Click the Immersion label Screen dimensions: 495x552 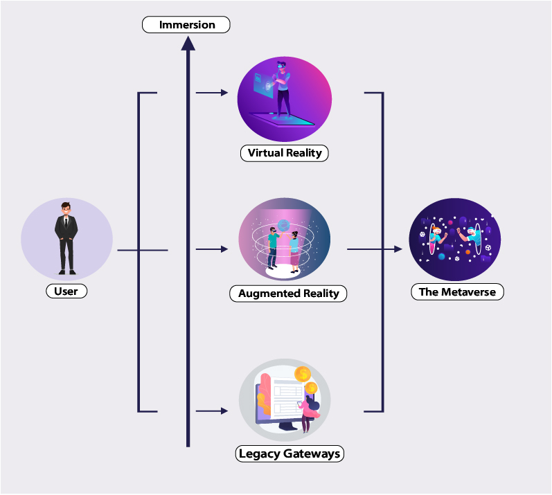186,25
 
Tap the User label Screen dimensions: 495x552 66,291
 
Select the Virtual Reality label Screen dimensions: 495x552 285,153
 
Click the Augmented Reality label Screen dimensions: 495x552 288,294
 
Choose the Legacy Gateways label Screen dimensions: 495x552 290,455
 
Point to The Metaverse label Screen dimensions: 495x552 457,292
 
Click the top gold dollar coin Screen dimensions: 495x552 302,375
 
